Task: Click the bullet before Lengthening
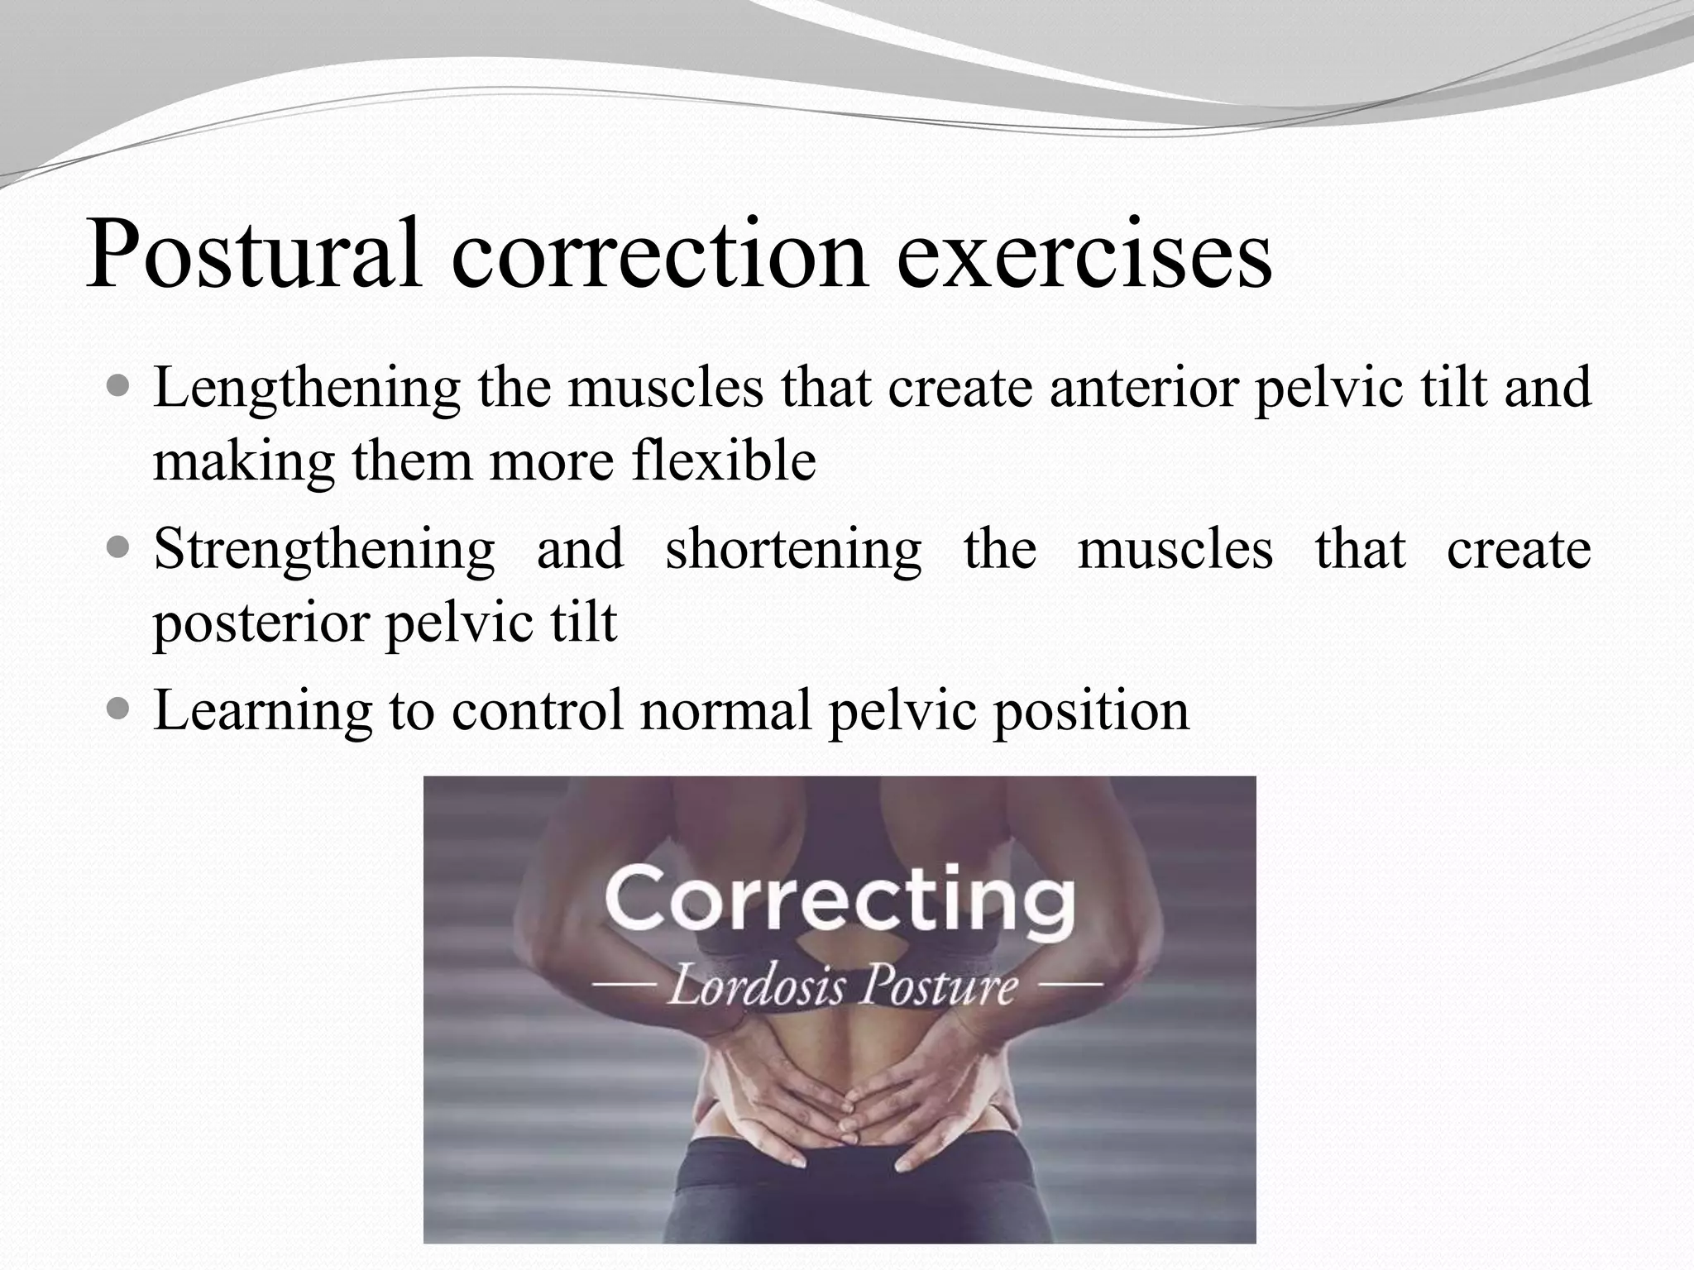pyautogui.click(x=119, y=385)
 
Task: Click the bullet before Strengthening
pyautogui.click(x=119, y=547)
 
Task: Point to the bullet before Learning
pyautogui.click(x=119, y=709)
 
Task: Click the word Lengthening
pyautogui.click(x=306, y=389)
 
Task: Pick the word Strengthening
pyautogui.click(x=324, y=550)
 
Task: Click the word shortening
pyautogui.click(x=793, y=550)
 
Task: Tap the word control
pyautogui.click(x=537, y=710)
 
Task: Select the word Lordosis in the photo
pyautogui.click(x=756, y=986)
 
